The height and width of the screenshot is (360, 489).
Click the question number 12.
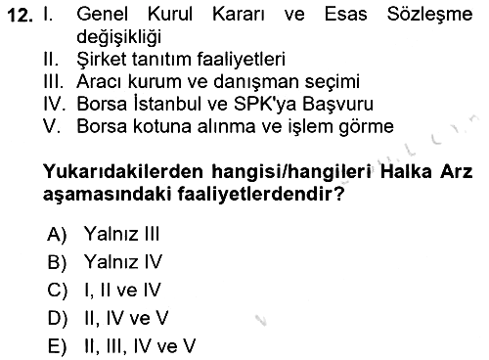(20, 16)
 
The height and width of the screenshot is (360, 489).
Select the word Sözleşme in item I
(429, 15)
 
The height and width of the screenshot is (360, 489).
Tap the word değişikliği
(118, 36)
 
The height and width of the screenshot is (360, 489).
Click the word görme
(366, 127)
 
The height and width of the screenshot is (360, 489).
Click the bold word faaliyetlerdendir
(260, 195)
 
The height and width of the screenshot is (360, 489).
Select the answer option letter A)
(57, 234)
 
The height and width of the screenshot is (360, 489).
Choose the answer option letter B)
(57, 262)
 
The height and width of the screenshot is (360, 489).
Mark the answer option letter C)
(58, 291)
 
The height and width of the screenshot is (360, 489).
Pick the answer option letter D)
(58, 318)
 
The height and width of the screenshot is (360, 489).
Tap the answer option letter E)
(57, 346)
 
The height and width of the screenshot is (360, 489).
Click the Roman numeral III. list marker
(53, 81)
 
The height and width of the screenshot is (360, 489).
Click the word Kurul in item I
(170, 15)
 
